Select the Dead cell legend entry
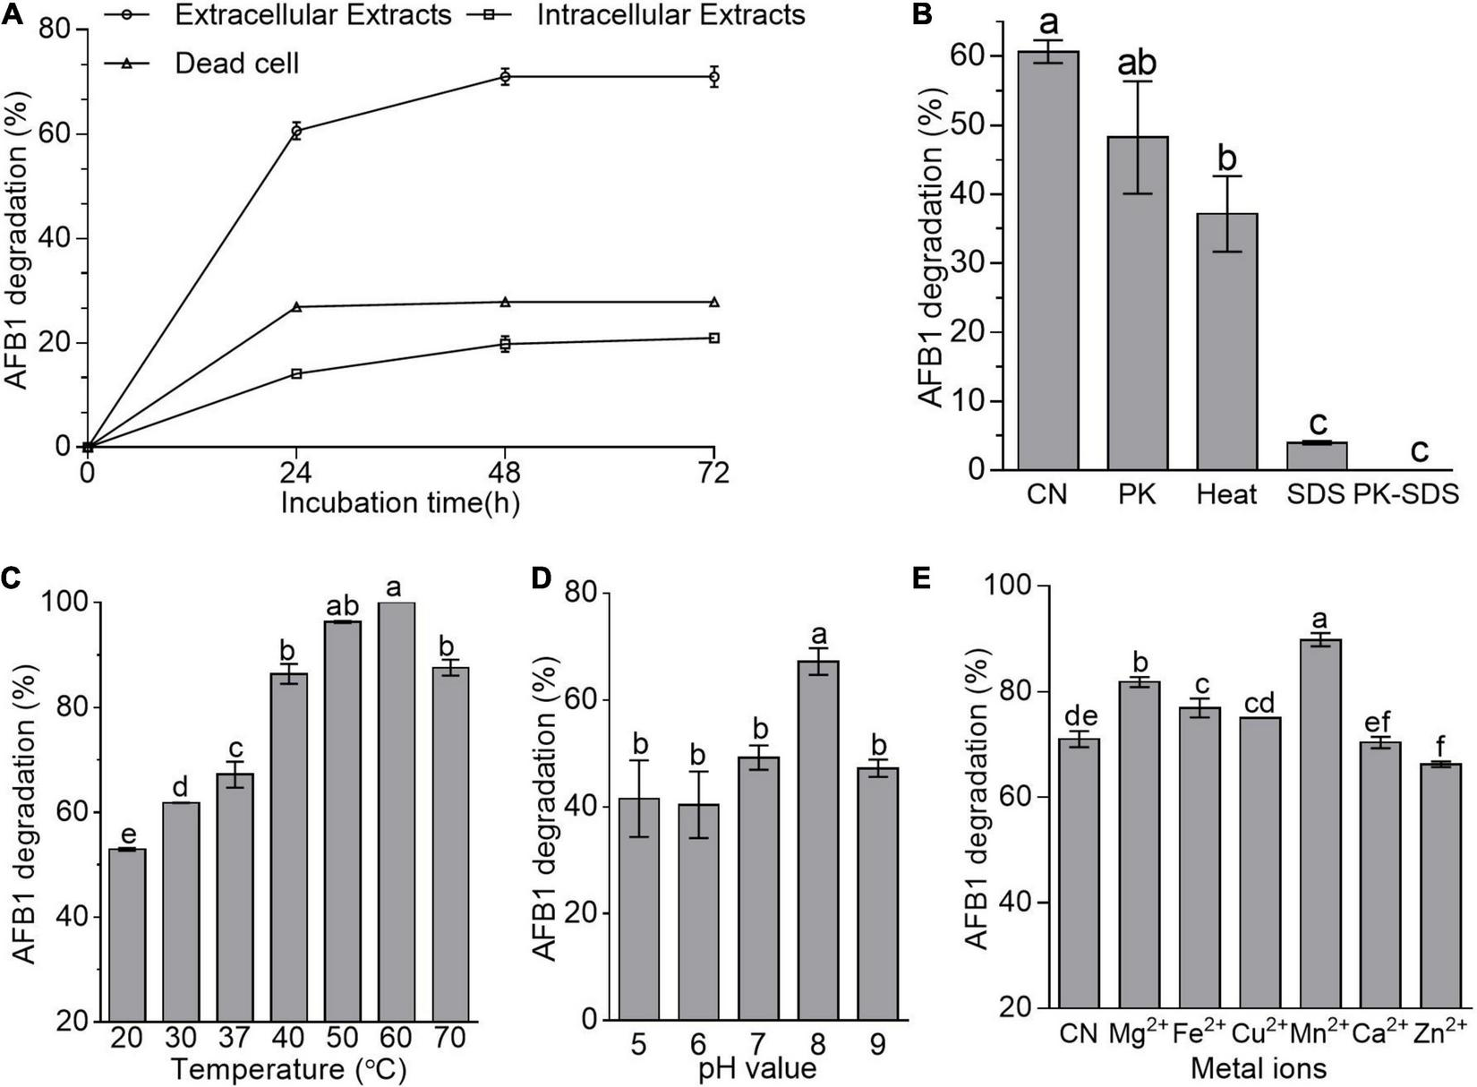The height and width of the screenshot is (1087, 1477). pos(236,64)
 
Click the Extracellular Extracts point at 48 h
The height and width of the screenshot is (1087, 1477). pos(506,77)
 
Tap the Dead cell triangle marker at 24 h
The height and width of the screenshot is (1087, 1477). pos(296,307)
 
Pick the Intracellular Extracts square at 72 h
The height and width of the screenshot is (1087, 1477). pos(713,338)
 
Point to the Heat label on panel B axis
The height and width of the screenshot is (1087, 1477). pos(1226,494)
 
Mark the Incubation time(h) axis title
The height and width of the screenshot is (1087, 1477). pos(400,503)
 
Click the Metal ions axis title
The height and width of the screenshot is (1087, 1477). pos(1258,1068)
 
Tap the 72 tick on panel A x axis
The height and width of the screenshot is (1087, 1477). pos(713,472)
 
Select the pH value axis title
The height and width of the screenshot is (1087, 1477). pos(758,1068)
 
